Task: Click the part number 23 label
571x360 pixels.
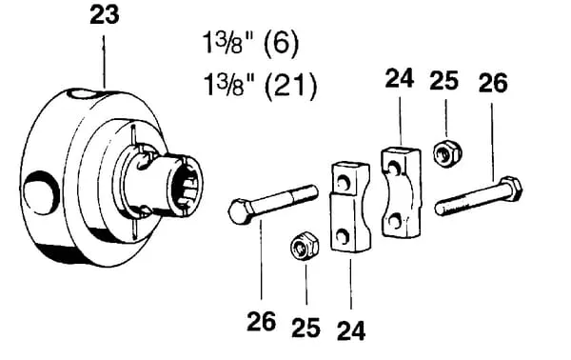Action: [x=105, y=16]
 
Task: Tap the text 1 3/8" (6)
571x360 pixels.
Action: [x=251, y=44]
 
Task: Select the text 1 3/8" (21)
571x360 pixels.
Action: [x=260, y=86]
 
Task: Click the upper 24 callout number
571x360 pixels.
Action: [x=400, y=78]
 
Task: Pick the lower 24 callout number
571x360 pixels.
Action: [x=351, y=330]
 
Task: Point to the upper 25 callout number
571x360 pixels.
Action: [x=443, y=81]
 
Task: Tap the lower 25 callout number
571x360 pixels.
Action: [x=305, y=327]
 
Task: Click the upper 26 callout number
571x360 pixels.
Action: [x=493, y=83]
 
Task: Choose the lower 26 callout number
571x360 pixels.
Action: [x=261, y=321]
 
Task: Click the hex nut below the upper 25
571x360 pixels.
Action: [x=447, y=153]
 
